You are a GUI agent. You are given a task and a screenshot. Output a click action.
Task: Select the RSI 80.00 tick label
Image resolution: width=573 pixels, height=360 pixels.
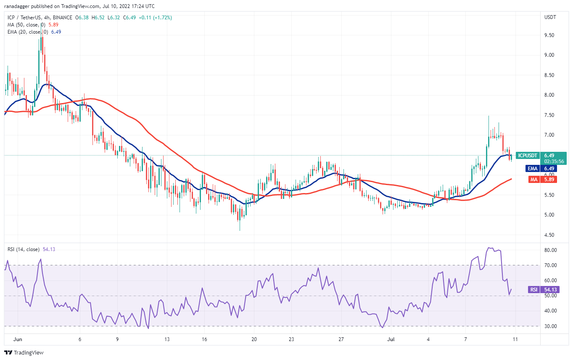tap(548, 250)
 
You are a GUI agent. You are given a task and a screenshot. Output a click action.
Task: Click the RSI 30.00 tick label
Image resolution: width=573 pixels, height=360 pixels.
tap(548, 326)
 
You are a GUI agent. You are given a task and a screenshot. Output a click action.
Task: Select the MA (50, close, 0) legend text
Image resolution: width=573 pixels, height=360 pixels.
tap(26, 25)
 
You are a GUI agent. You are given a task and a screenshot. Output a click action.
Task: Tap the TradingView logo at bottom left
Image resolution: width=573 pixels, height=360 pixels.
tap(24, 352)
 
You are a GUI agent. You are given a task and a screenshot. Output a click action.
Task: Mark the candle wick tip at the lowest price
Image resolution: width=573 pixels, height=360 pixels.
tap(240, 230)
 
